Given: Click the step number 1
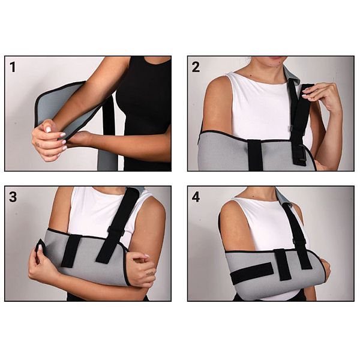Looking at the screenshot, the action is tap(13, 67).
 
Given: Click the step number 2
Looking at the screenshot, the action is tap(196, 67).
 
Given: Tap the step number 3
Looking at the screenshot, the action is tap(13, 197).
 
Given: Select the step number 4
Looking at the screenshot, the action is tap(196, 197).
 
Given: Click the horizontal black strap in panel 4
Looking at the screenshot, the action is tap(252, 273).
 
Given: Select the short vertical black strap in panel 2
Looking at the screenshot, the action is tap(255, 155).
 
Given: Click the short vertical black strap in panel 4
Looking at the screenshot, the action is tap(283, 265).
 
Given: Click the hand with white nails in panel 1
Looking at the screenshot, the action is tap(49, 140).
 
